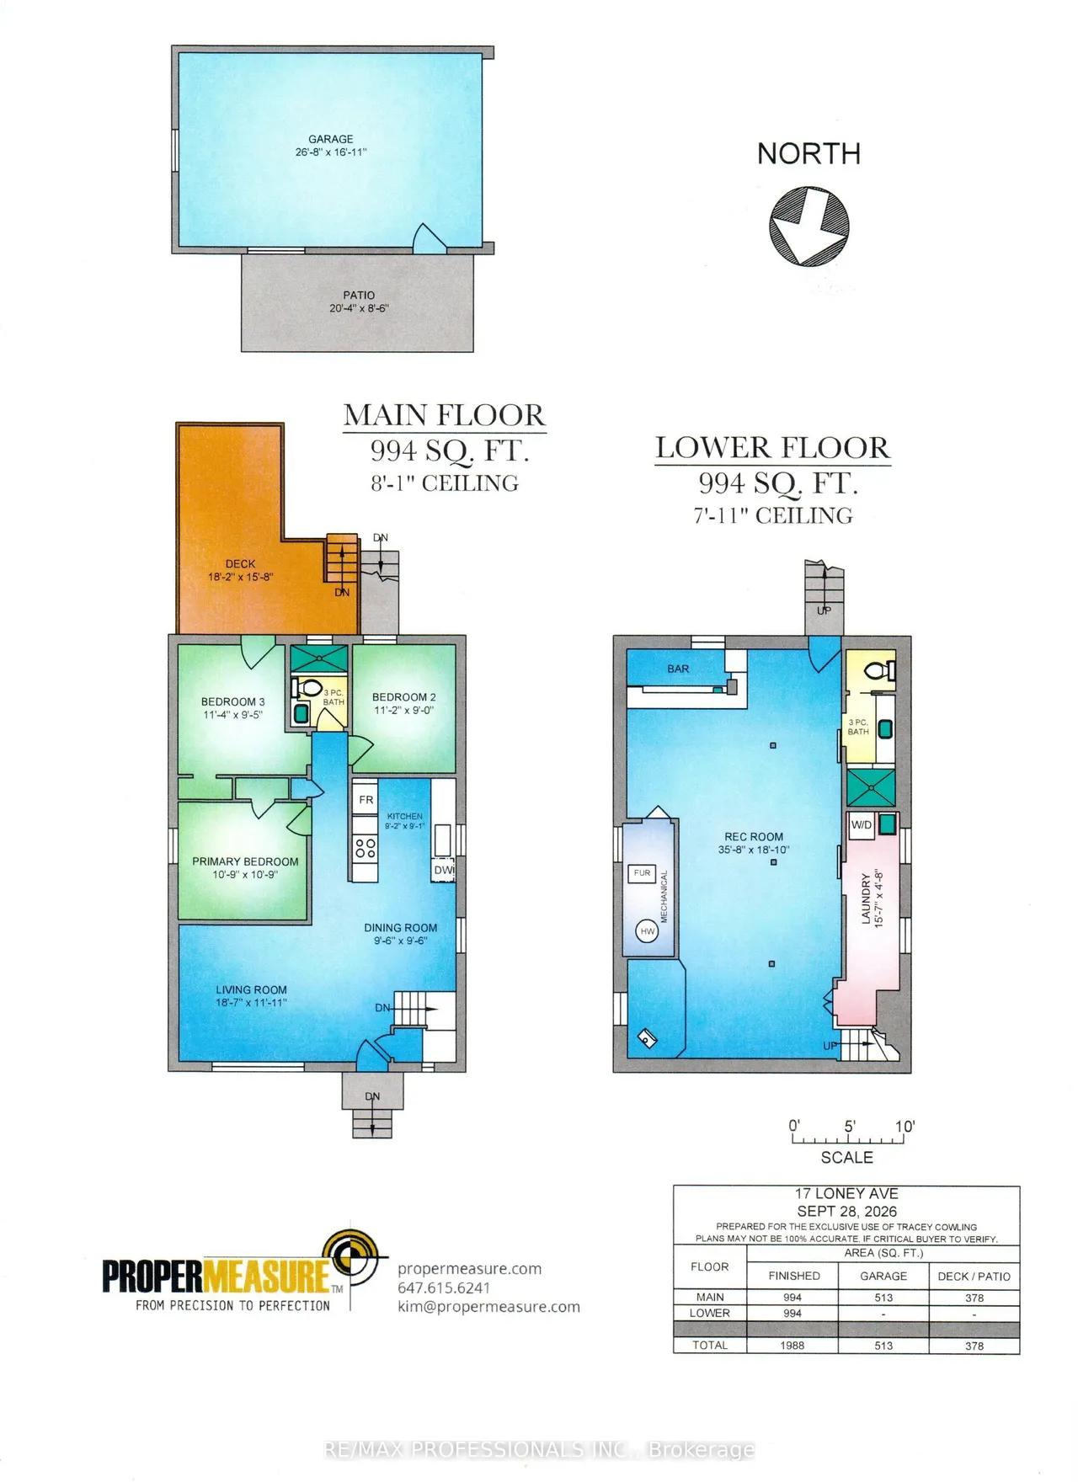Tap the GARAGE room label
point(331,139)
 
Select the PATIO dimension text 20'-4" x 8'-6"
point(359,308)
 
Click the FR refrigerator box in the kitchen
point(366,800)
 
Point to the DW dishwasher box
point(444,870)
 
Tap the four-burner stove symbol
point(366,848)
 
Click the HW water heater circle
point(647,931)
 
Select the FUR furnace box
point(642,873)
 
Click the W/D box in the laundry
point(862,825)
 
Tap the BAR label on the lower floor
point(678,669)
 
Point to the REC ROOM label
point(754,837)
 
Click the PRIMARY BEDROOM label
point(245,861)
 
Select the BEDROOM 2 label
point(404,697)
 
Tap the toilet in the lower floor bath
point(880,670)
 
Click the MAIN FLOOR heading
point(444,415)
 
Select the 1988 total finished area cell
point(792,1345)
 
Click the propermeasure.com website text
point(469,1269)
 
